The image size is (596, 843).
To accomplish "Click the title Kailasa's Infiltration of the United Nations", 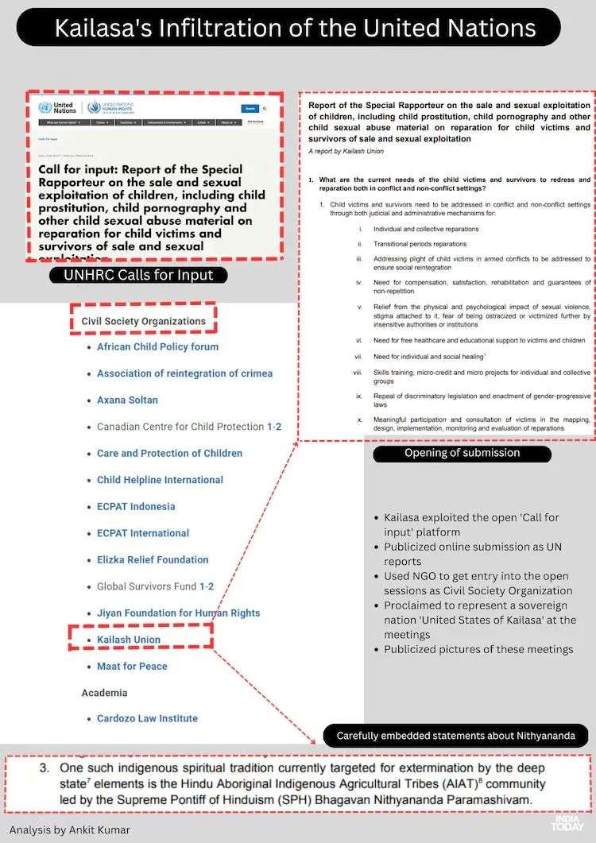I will coord(295,28).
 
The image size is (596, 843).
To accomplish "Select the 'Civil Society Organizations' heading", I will coord(143,321).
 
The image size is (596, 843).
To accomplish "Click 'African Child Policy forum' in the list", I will coord(157,347).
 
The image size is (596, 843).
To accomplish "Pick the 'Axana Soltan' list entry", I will coord(127,400).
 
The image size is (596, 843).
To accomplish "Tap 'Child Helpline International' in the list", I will coord(160,480).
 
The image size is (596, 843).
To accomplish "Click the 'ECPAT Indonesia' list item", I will coord(136,507).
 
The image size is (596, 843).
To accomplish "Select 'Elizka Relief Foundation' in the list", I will coord(153,560).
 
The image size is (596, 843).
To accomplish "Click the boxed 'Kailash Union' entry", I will coord(129,640).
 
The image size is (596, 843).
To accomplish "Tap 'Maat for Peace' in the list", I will coord(132,667).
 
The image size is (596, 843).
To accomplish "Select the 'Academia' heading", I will coord(104,693).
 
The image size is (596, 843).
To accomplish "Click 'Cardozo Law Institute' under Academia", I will coord(147,719).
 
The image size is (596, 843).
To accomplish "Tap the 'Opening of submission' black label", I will coord(462,453).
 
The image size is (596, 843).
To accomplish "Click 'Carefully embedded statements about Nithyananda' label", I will coord(455,735).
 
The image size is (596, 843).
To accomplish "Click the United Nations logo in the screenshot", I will coord(56,107).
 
